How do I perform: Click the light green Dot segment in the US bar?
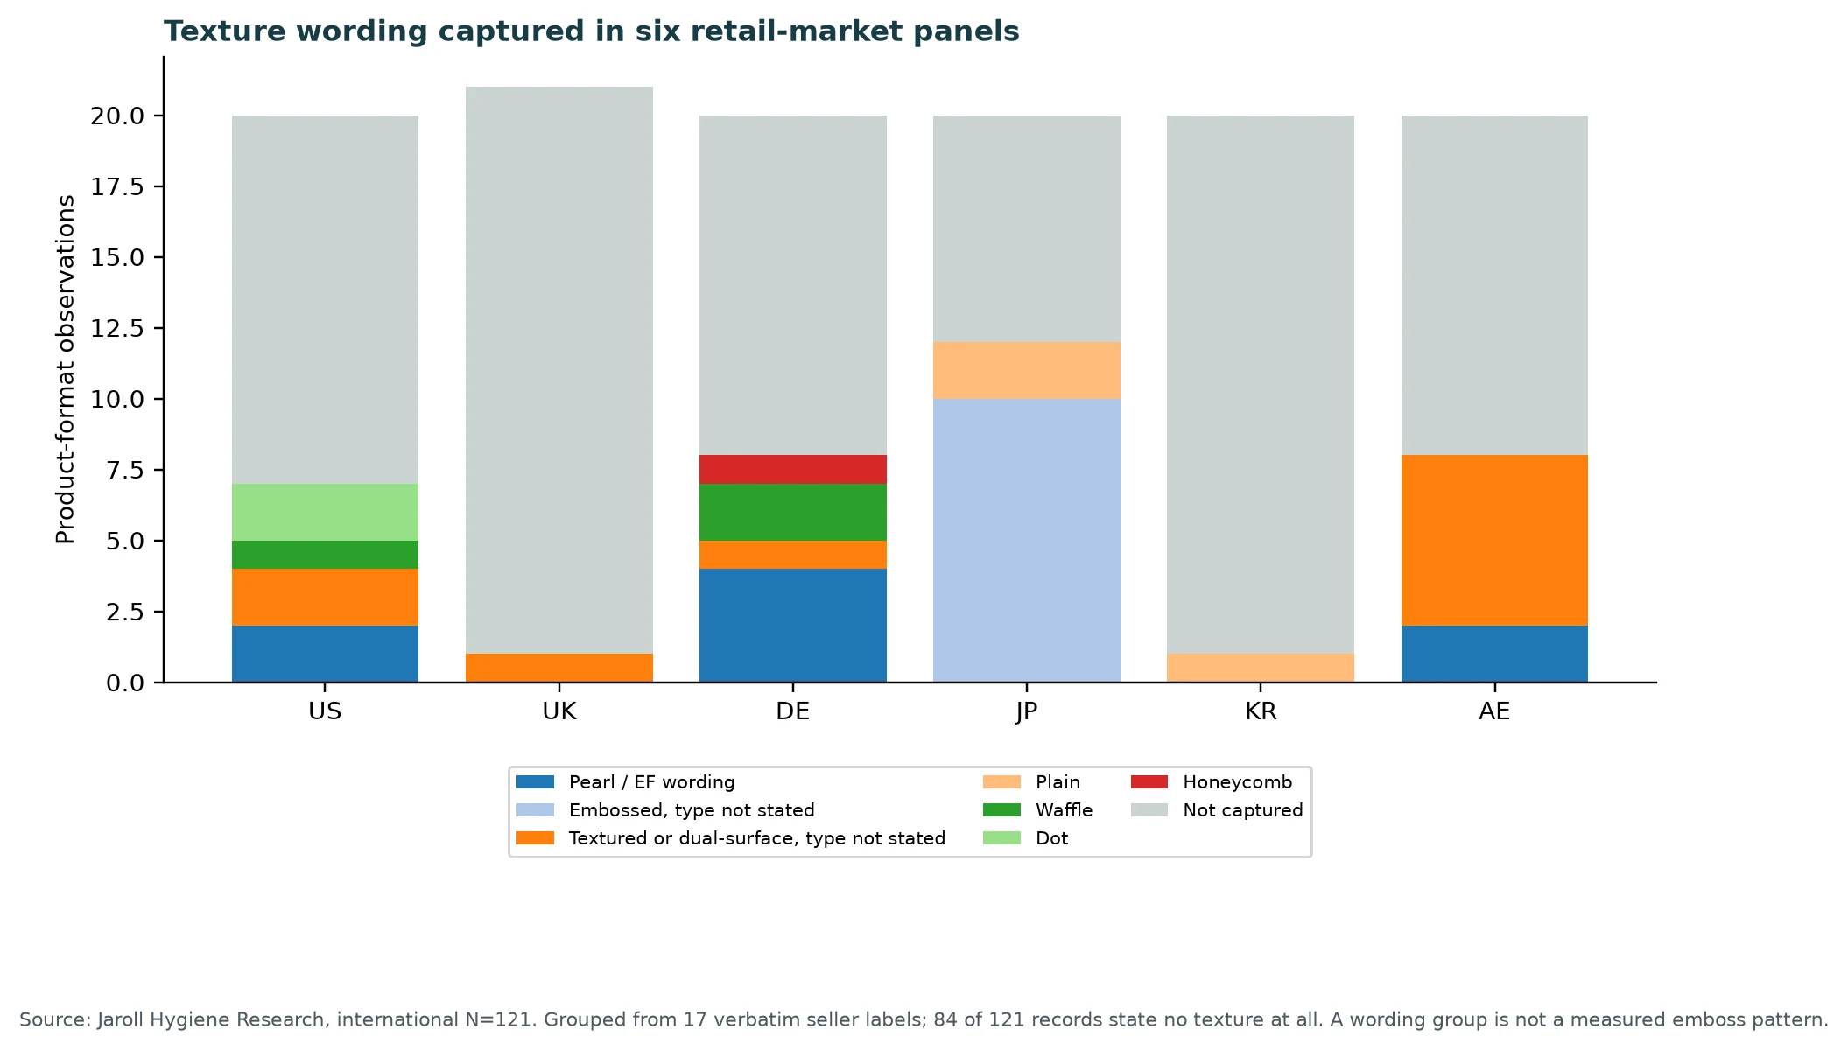coord(325,513)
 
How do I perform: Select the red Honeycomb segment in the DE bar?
coord(793,470)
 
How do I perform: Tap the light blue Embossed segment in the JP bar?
coord(1027,541)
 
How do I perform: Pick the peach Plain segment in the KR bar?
coord(1261,668)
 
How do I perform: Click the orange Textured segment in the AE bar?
coord(1494,541)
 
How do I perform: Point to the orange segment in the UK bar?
coord(559,668)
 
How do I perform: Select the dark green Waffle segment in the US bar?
coord(325,555)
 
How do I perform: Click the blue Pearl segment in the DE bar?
coord(793,626)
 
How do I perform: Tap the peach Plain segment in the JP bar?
coord(1027,371)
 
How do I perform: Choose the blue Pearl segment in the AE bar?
coord(1494,654)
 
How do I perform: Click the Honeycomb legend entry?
coord(1212,782)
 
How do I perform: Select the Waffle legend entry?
coord(1038,810)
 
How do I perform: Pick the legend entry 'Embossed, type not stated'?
coord(665,810)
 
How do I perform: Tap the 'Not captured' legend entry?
coord(1217,810)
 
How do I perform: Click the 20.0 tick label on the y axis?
coord(117,115)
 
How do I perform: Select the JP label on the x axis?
coord(1027,711)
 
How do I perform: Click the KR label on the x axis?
coord(1261,711)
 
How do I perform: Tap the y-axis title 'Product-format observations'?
coord(66,369)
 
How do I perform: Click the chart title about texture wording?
coord(592,31)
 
